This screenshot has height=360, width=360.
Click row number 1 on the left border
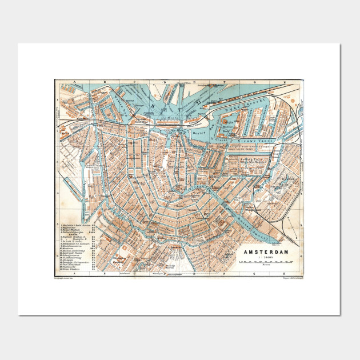click(58, 98)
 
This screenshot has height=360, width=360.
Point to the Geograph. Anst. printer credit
click(66, 278)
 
